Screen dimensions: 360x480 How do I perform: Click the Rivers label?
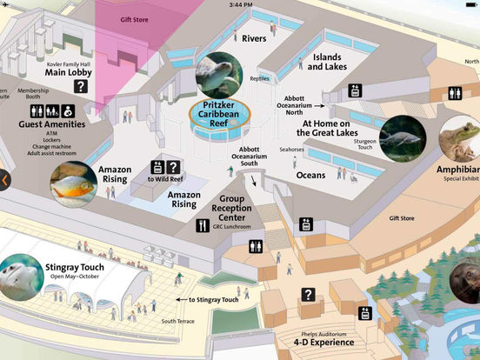[x=254, y=38]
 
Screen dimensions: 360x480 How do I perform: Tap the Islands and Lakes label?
[x=327, y=61]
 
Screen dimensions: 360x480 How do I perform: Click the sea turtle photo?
[x=219, y=75]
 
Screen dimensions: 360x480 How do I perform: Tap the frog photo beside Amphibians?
[x=458, y=140]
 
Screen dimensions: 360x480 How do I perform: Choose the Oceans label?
[x=310, y=175]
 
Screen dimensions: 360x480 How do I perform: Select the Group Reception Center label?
[x=230, y=209]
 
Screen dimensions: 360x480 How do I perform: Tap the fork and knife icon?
[x=202, y=226]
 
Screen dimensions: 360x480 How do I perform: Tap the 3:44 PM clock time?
[x=240, y=4]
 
